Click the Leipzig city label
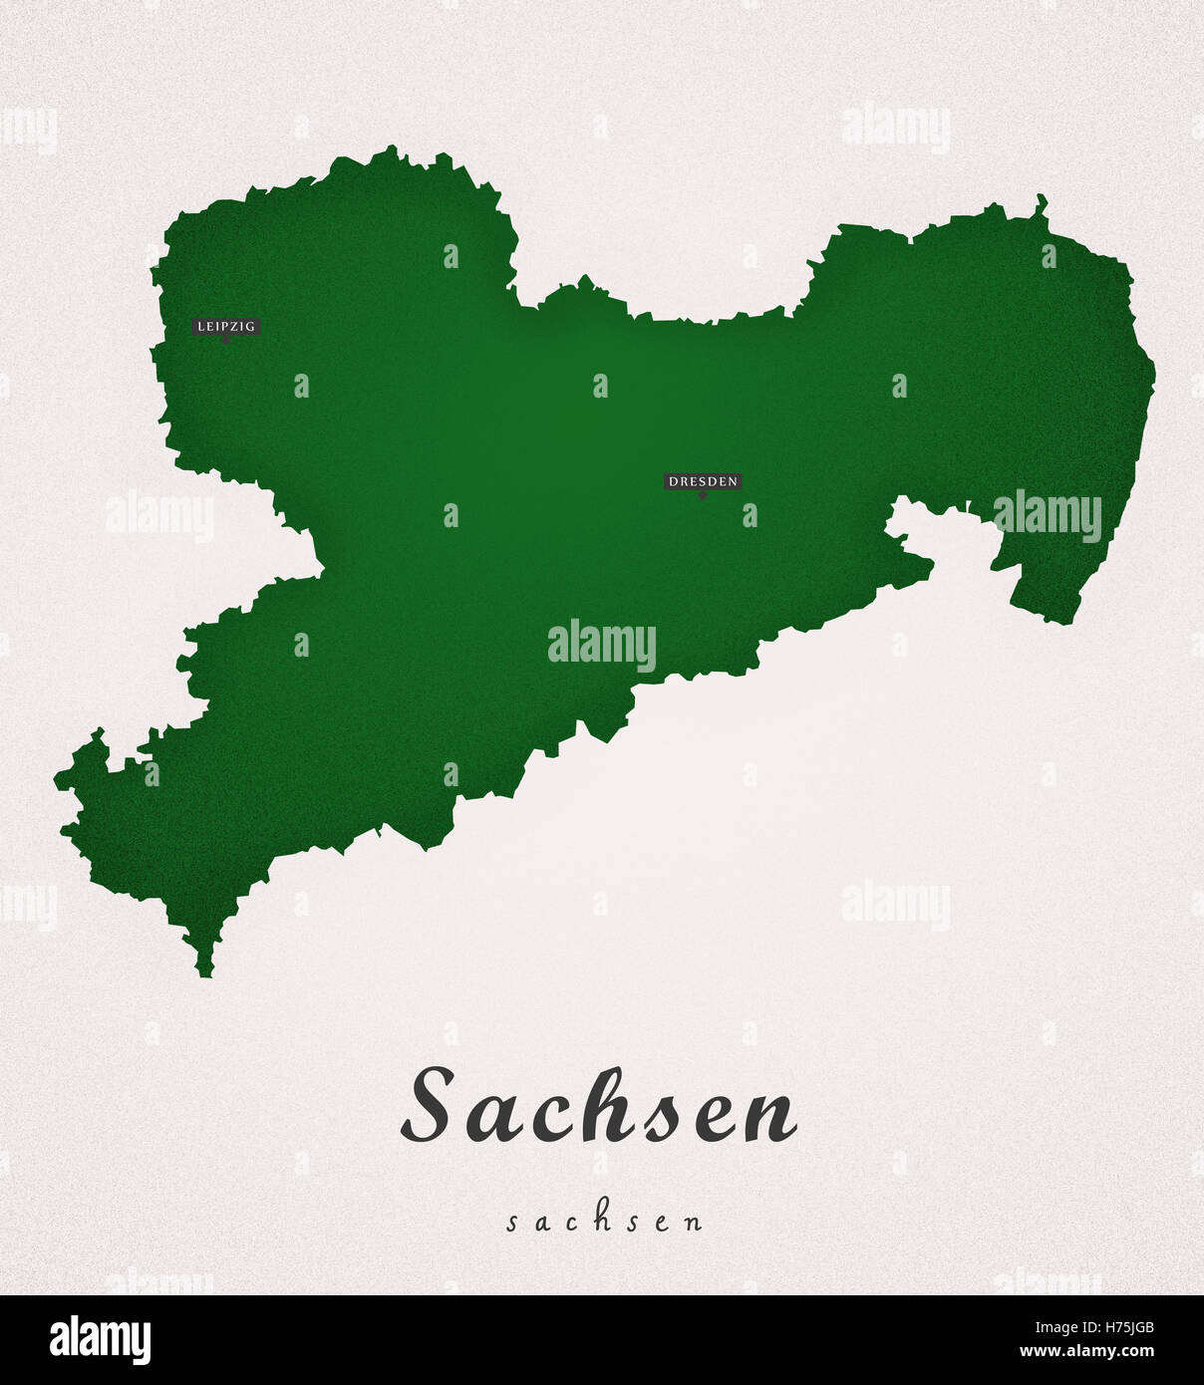[226, 326]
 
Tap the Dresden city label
[703, 481]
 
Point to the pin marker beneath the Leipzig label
[226, 340]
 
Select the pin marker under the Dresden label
[703, 495]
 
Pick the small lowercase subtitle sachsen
[604, 1222]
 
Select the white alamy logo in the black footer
[100, 1340]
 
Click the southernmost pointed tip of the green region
[205, 973]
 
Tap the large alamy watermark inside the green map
[602, 646]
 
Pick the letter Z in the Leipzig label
[242, 326]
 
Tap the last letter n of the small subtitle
[695, 1223]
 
